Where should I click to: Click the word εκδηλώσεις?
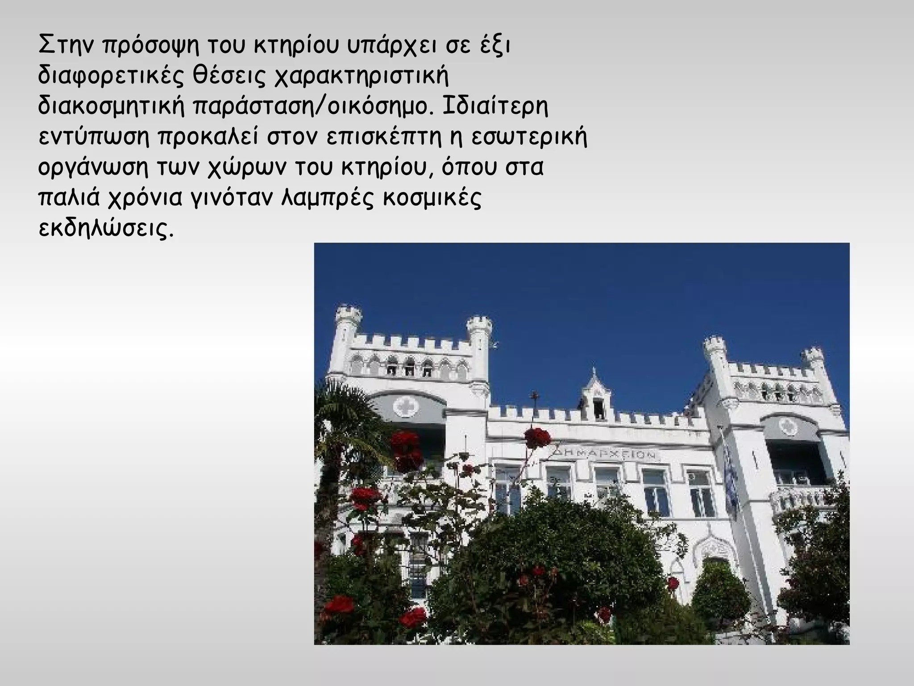point(105,229)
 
